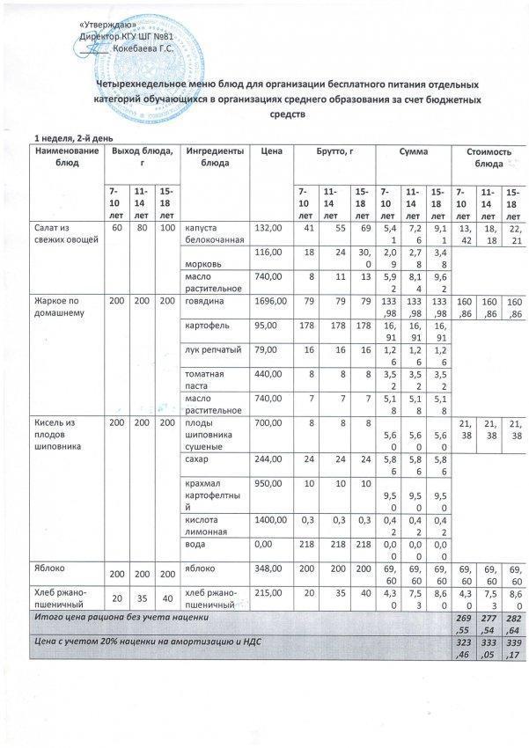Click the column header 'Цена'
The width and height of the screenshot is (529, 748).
click(x=271, y=152)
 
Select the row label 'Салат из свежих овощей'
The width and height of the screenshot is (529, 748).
click(x=60, y=234)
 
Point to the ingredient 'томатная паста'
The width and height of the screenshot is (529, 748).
click(x=204, y=378)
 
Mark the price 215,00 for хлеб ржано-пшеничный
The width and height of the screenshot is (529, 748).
click(x=269, y=596)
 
